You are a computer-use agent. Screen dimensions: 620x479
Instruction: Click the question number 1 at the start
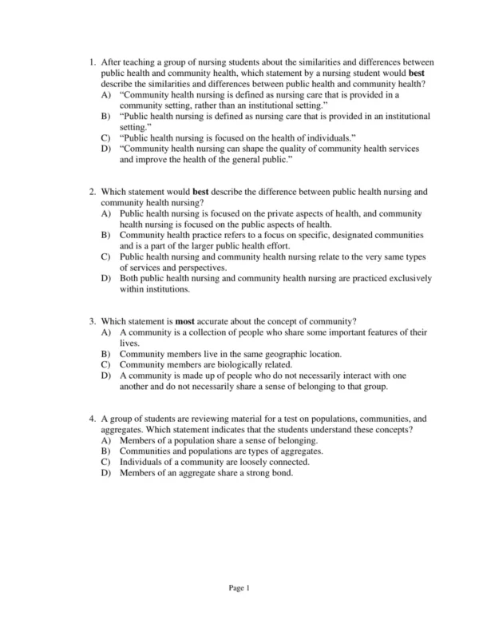coord(92,61)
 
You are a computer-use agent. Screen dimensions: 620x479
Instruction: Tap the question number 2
coord(92,193)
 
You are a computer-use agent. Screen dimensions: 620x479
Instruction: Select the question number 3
coord(92,321)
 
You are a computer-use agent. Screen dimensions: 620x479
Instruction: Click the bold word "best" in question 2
coord(200,193)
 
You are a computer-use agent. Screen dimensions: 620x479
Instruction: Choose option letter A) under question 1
coord(106,94)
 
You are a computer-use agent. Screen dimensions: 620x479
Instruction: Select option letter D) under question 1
coord(106,149)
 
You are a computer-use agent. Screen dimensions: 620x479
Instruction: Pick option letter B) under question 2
coord(106,236)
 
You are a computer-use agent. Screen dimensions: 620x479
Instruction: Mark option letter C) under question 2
coord(106,257)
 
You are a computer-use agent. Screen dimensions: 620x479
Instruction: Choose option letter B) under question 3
coord(106,354)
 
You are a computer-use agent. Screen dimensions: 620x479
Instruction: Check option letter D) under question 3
coord(106,376)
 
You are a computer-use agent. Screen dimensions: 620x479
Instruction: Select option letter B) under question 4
coord(106,451)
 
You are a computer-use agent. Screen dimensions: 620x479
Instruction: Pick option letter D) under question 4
coord(106,472)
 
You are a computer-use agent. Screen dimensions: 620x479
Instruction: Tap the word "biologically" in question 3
coord(228,364)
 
